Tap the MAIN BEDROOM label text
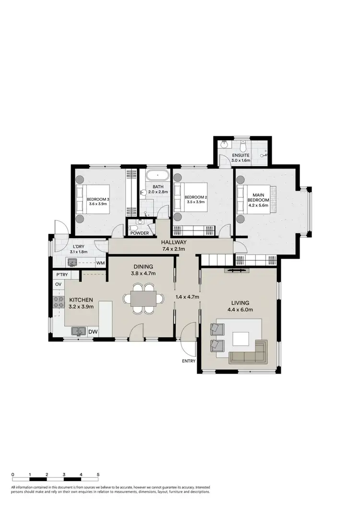tap(255, 198)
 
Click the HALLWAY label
tap(173, 242)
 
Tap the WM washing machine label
tap(100, 263)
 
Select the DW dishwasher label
tap(93, 331)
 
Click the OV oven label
tap(59, 284)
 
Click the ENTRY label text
tap(189, 361)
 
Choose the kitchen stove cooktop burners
tap(59, 302)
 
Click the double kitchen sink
tap(79, 331)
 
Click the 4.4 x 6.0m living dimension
tap(240, 310)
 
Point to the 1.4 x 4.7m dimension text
tap(188, 296)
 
